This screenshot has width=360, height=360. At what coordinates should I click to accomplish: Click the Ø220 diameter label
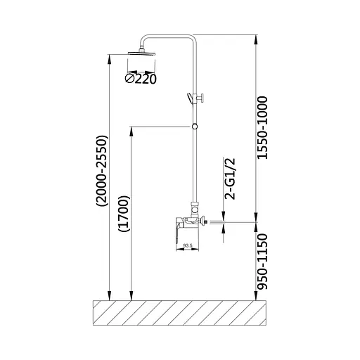(x=141, y=79)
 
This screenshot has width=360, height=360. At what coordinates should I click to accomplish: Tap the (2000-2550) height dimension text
(x=102, y=171)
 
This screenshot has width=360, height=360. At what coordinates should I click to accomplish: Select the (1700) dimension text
(x=124, y=214)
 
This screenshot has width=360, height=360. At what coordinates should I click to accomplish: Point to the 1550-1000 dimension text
(x=262, y=128)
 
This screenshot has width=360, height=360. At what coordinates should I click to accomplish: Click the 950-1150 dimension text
(x=262, y=262)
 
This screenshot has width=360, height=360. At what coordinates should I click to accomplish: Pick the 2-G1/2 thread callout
(x=230, y=179)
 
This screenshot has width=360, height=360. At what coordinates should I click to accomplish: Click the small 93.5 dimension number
(x=188, y=245)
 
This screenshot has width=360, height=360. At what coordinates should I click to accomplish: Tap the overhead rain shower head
(x=141, y=53)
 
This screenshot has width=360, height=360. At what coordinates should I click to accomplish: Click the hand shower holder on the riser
(x=195, y=98)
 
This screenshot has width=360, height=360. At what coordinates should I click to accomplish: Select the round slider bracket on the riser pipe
(x=195, y=127)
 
